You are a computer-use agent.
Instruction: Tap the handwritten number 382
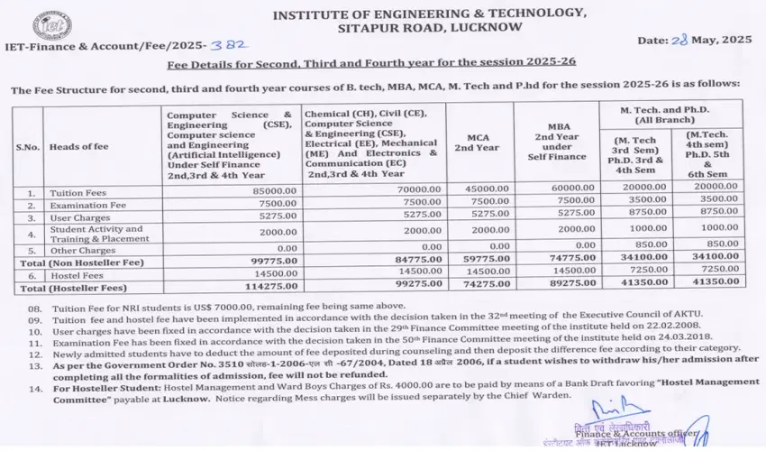coord(235,43)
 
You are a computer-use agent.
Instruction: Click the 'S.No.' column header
coord(27,146)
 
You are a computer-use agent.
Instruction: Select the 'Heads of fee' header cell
coord(79,146)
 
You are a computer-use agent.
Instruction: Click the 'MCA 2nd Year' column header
coord(477,141)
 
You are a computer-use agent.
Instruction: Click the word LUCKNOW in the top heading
coord(482,27)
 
